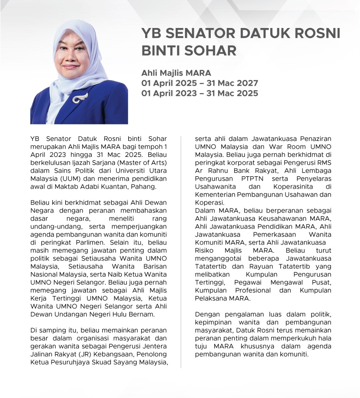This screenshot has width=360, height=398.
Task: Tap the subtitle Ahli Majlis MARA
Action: point(176,73)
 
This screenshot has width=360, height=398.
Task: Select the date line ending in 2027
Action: point(200,83)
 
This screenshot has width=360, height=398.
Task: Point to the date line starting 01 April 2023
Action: point(200,93)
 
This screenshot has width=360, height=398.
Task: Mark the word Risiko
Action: point(204,250)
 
